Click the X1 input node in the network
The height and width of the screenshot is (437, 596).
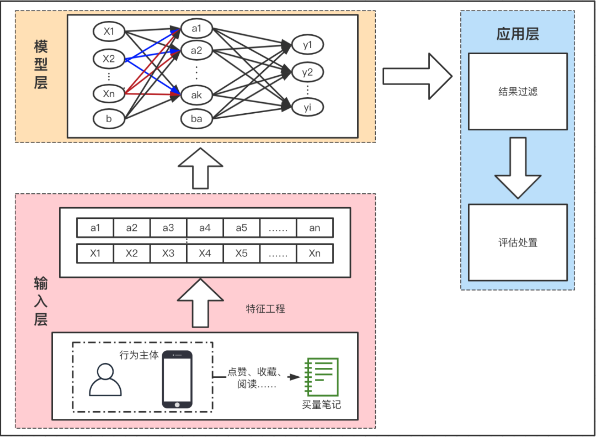(x=109, y=31)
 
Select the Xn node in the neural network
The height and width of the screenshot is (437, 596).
(x=109, y=94)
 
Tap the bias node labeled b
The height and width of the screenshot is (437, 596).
(x=109, y=118)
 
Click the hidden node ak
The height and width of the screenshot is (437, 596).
(x=196, y=94)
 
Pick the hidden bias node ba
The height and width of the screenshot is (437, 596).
(x=196, y=118)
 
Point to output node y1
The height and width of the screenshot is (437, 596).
(x=307, y=45)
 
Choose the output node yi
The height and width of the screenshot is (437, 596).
(x=307, y=107)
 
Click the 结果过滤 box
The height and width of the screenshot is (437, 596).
(x=518, y=92)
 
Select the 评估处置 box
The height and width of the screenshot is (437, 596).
(x=518, y=243)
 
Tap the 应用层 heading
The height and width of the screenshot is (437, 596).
(x=518, y=34)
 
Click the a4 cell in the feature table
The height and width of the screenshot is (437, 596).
(x=205, y=228)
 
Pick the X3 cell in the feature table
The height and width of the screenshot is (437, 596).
(x=168, y=254)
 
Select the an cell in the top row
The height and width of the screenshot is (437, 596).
(x=315, y=228)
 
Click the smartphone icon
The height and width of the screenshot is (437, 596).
(x=177, y=380)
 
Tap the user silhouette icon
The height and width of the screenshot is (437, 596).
(x=105, y=380)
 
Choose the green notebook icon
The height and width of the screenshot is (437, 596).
(x=321, y=377)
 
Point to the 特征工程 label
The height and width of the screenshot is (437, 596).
(x=265, y=309)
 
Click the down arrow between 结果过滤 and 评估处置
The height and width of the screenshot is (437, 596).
(x=518, y=167)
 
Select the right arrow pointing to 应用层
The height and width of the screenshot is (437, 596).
(x=417, y=76)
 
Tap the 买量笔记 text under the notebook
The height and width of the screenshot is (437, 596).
(x=321, y=404)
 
